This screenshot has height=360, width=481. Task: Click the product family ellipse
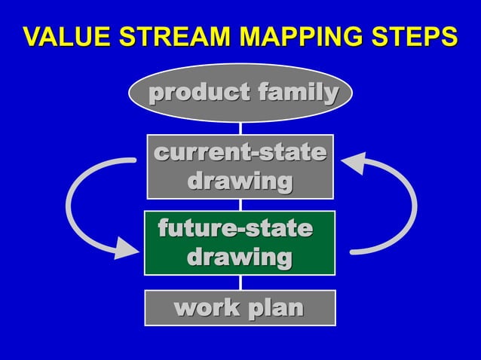click(x=240, y=93)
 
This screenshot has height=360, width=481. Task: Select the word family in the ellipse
click(x=297, y=93)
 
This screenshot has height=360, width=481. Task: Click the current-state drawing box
click(x=240, y=166)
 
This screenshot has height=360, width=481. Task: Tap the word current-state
click(x=240, y=152)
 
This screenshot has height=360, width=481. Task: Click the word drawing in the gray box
click(x=240, y=182)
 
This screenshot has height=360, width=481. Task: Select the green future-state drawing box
click(x=240, y=243)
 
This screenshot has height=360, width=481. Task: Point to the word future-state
click(x=234, y=227)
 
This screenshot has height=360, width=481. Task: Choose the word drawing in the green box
click(x=240, y=258)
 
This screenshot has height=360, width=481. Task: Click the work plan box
click(x=240, y=307)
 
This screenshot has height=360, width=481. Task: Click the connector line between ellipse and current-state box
click(x=240, y=129)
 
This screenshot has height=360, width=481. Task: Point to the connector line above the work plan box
click(x=240, y=282)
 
